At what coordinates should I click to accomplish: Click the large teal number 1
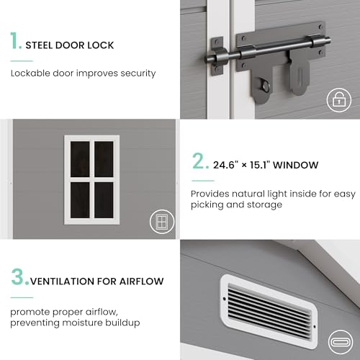(x=15, y=41)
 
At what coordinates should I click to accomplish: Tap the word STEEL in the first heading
(x=39, y=45)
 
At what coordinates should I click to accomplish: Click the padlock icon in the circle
(x=339, y=100)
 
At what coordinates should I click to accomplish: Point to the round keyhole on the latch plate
(x=265, y=86)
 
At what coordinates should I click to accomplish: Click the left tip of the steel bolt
(x=206, y=58)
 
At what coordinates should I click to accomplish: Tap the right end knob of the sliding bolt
(x=328, y=40)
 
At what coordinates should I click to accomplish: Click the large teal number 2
(x=200, y=161)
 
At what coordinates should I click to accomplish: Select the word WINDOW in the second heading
(x=295, y=165)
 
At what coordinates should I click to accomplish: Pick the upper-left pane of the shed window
(x=80, y=159)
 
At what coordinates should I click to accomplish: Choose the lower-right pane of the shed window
(x=104, y=200)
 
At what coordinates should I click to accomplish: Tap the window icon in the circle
(x=162, y=222)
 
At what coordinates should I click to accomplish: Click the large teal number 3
(x=19, y=277)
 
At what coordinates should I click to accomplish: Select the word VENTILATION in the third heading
(x=62, y=282)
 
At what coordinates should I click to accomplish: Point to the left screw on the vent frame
(x=225, y=299)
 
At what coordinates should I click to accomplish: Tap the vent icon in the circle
(x=340, y=342)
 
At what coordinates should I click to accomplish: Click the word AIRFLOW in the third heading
(x=142, y=282)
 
